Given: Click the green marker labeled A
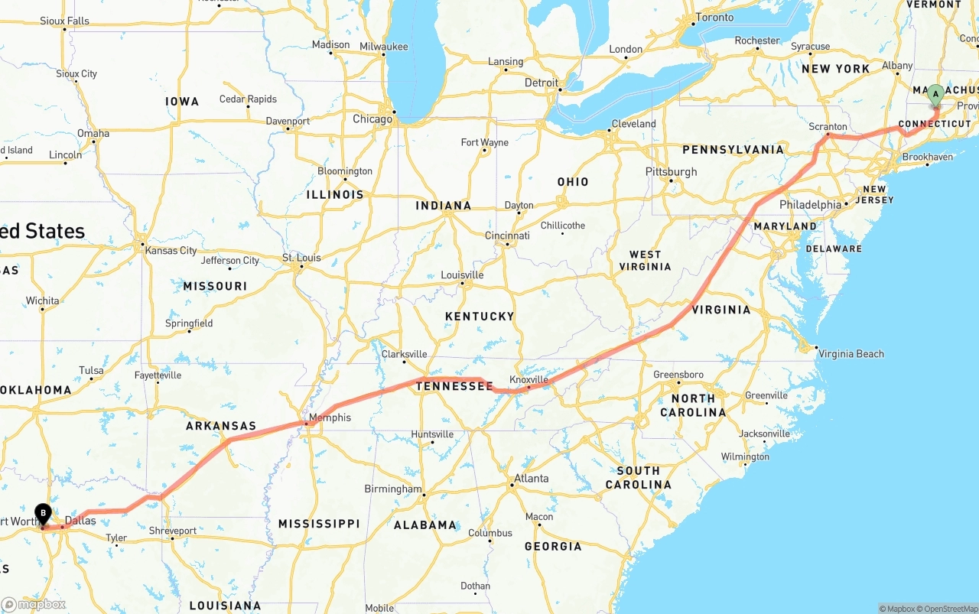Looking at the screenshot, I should click(935, 96).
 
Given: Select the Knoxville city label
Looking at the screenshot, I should click(529, 379).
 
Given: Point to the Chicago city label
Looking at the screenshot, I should click(372, 119).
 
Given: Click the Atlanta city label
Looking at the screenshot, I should click(531, 479).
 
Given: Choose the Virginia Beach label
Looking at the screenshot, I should click(851, 354).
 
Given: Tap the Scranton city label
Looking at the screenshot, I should click(828, 127).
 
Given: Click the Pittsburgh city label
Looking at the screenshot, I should click(671, 171).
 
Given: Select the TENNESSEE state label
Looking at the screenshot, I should click(454, 387).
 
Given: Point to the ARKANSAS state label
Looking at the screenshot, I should click(221, 426).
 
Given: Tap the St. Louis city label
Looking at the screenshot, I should click(301, 258).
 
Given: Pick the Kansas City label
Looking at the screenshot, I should click(171, 251).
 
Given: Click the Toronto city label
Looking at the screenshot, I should click(714, 18).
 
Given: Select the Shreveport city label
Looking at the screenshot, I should click(172, 531).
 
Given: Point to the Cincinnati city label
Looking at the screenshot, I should click(507, 236).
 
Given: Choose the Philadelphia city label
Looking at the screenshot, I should click(810, 205).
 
